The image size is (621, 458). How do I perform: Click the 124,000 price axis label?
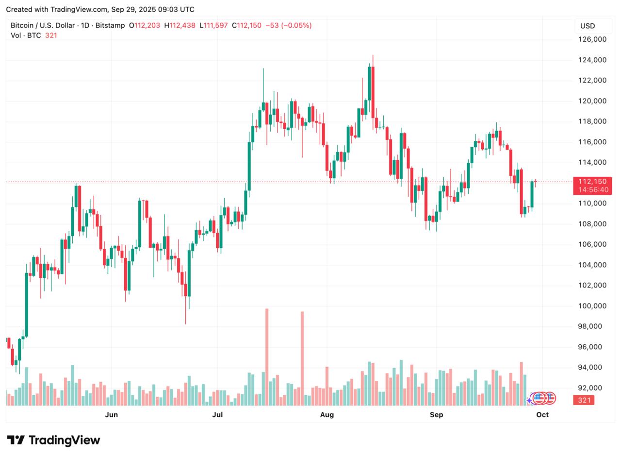click(x=592, y=60)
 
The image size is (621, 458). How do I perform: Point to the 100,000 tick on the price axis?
click(x=592, y=305)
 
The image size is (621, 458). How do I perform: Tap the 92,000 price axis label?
click(x=592, y=388)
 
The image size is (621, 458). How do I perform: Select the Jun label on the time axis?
click(x=112, y=414)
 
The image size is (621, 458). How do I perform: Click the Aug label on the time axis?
click(x=327, y=414)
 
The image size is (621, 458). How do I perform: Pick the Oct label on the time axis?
click(x=542, y=414)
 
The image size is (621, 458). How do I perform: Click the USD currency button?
click(x=588, y=26)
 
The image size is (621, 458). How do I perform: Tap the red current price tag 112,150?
click(x=592, y=182)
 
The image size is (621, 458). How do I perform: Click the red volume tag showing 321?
click(x=585, y=400)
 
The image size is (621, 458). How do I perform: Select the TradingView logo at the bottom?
click(x=53, y=440)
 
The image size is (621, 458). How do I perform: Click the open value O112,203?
click(x=144, y=25)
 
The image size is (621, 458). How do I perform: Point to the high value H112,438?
click(x=180, y=25)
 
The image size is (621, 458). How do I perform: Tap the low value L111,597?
click(x=213, y=25)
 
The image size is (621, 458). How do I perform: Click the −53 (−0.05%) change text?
click(x=288, y=25)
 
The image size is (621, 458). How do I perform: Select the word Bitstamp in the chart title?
click(x=110, y=25)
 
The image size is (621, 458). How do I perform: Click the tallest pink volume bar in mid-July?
click(x=267, y=357)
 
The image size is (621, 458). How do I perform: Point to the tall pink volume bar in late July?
click(x=302, y=358)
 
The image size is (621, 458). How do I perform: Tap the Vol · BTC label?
click(x=26, y=35)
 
